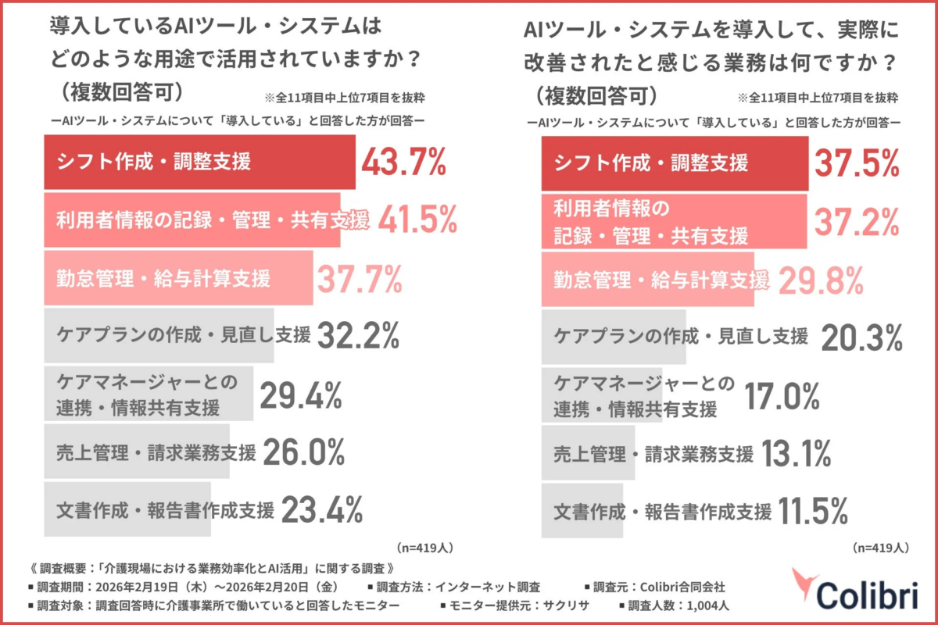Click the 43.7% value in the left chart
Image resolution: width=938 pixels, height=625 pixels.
pos(403,163)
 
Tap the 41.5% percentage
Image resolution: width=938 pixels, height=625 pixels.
pos(417,221)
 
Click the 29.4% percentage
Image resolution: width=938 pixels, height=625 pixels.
pos(301,396)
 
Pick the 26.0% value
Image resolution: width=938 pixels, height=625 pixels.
pos(304,452)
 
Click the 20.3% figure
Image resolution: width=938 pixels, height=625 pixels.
pos(862,337)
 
